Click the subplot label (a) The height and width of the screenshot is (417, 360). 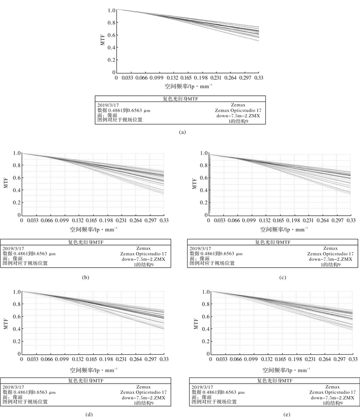(181, 132)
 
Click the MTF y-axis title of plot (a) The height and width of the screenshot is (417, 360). (103, 42)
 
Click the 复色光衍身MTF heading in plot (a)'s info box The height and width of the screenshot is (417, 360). (180, 99)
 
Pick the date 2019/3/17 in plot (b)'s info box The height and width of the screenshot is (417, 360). (14, 248)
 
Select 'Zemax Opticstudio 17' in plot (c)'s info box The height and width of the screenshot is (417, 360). (330, 253)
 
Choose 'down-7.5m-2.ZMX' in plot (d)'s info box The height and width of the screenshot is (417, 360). (145, 397)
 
